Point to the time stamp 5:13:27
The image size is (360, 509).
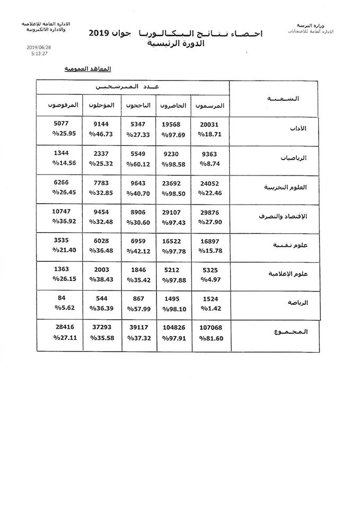(40, 53)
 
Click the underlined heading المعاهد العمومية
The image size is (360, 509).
(88, 69)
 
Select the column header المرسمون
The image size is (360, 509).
(210, 106)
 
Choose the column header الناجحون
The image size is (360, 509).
(138, 106)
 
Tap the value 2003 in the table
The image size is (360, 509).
(102, 269)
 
